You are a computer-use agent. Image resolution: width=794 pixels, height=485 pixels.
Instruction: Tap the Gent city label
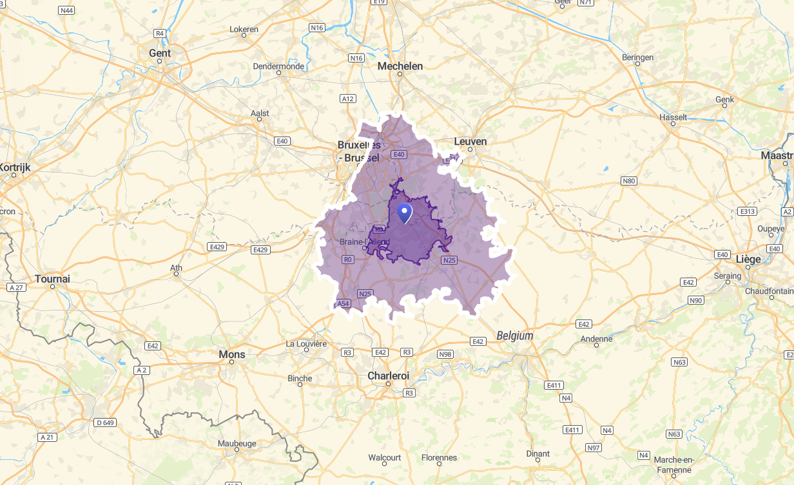[160, 53]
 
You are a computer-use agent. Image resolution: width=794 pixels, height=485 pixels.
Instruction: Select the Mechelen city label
[400, 66]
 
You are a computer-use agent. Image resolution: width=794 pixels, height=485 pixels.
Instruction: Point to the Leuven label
[470, 142]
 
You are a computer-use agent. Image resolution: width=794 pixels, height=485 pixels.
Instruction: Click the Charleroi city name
[388, 376]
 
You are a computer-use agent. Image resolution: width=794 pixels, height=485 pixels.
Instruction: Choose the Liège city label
[748, 259]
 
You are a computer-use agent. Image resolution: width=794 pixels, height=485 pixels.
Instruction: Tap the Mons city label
[232, 354]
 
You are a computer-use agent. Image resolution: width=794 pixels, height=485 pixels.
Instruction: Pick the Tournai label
[53, 279]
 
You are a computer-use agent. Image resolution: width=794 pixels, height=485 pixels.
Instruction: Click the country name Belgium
[515, 336]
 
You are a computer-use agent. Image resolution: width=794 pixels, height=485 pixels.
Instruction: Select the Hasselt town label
[673, 117]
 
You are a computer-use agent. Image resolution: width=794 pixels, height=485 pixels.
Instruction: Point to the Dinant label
[538, 453]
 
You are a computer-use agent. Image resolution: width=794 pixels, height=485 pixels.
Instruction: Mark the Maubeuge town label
[237, 443]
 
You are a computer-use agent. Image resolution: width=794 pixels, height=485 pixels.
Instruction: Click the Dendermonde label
[278, 66]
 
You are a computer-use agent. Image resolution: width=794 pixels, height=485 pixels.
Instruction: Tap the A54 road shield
[344, 303]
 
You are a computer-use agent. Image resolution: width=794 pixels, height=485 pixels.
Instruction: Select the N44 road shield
[66, 10]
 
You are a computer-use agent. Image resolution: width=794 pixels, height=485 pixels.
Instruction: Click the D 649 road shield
[105, 423]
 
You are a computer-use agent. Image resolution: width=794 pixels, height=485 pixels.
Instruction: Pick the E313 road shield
[748, 211]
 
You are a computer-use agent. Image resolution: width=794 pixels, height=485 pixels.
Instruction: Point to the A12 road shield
[348, 99]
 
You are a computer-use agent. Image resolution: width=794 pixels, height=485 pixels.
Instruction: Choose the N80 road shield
[628, 181]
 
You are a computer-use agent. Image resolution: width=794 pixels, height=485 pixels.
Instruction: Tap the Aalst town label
[260, 113]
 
